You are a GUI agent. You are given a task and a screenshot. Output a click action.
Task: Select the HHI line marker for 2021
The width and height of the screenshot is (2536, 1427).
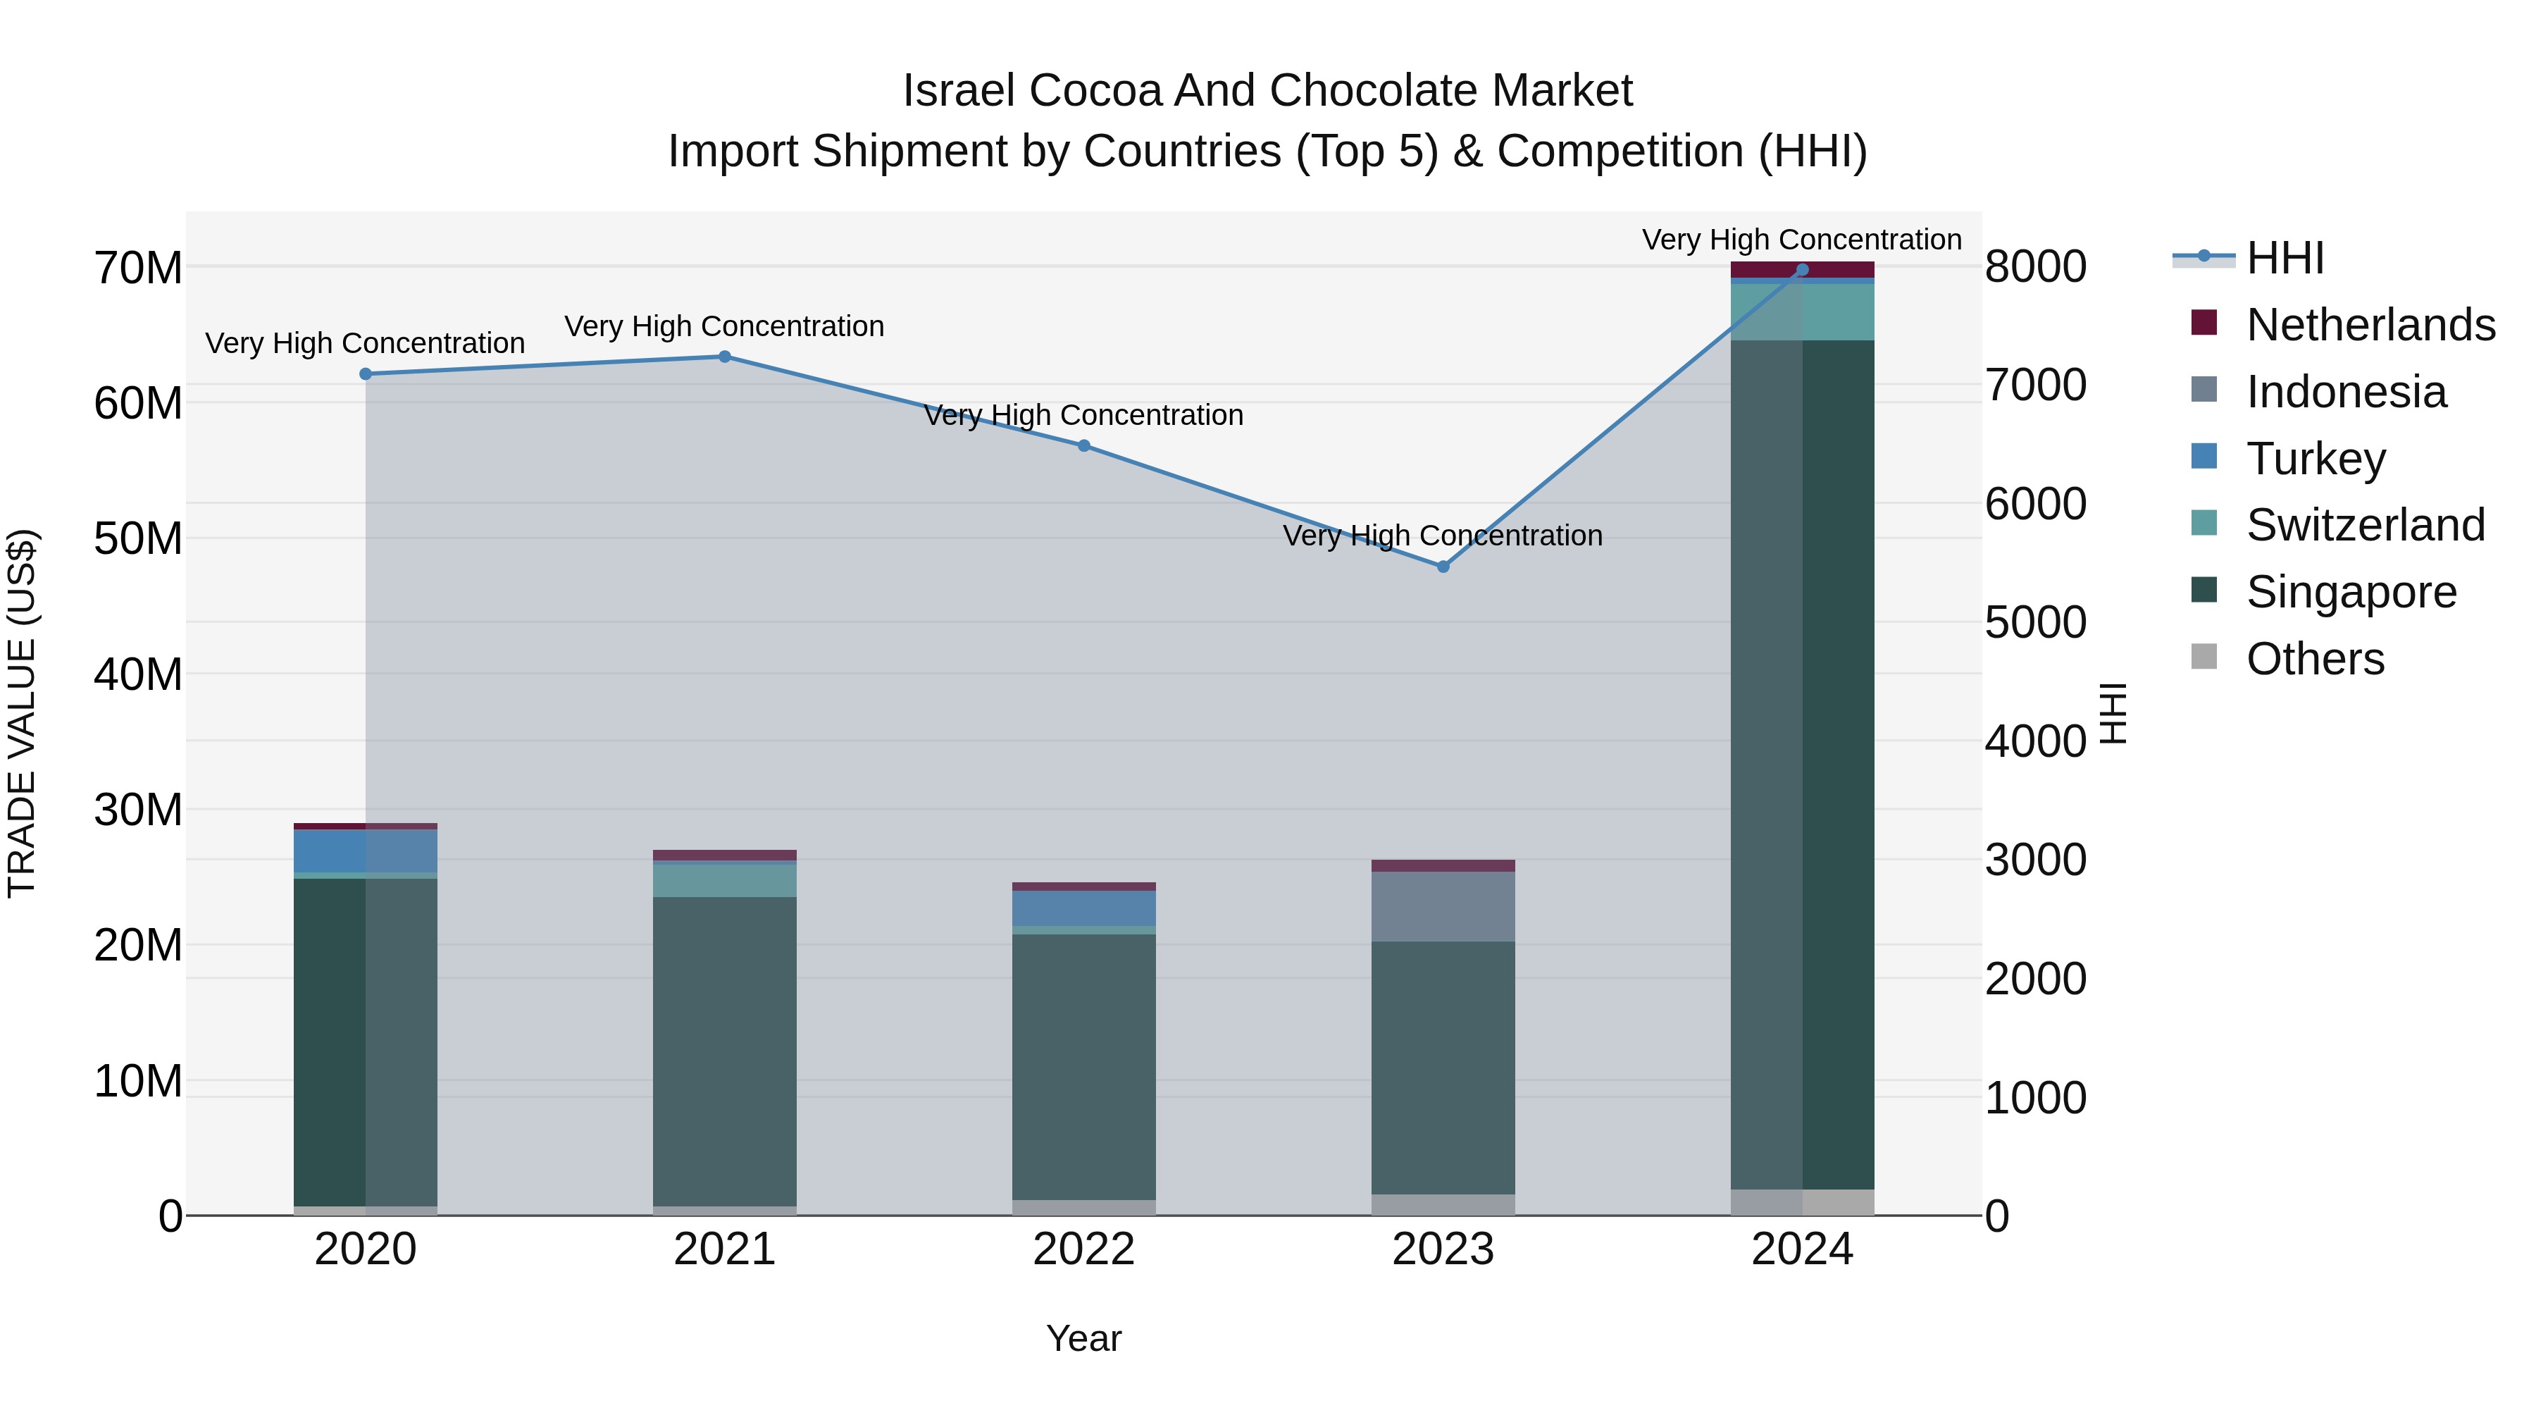[x=725, y=357]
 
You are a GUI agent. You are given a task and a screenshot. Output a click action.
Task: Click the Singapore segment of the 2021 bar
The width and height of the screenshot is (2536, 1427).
[x=725, y=1049]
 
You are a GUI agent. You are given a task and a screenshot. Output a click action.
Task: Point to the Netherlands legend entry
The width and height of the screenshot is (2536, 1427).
[x=2370, y=325]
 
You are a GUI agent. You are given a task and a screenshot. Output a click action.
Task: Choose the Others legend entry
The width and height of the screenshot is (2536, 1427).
[x=2315, y=659]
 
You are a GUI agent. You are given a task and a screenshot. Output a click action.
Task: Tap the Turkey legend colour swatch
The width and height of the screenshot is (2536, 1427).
[x=2204, y=457]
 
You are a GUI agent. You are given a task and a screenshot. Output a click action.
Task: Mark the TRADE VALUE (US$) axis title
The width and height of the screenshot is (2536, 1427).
[x=22, y=713]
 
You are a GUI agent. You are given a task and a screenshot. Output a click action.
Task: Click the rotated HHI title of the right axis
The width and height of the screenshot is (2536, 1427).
[x=2113, y=713]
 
